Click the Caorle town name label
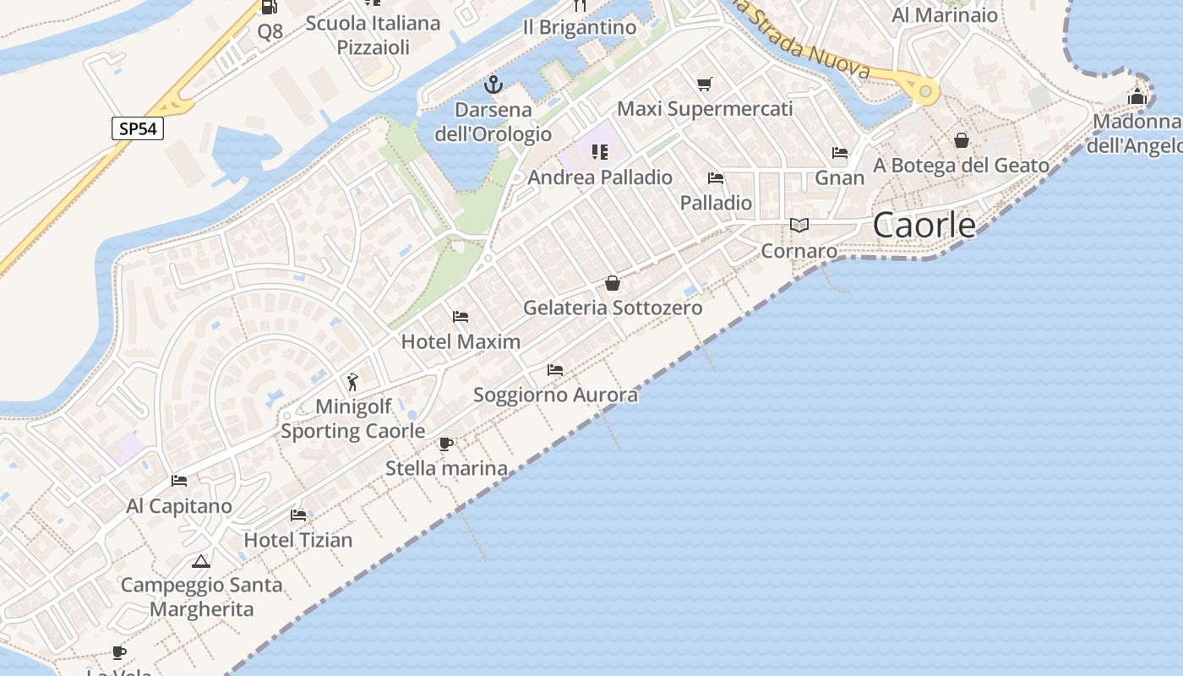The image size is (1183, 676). (924, 226)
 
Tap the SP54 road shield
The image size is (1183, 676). (138, 128)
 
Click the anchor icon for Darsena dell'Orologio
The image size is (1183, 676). (493, 84)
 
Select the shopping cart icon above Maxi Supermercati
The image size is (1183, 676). (705, 84)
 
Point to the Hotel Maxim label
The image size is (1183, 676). (461, 341)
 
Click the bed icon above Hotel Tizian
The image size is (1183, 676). (298, 515)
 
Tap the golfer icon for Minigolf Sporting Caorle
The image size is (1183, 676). (353, 382)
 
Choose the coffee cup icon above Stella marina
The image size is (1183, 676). (446, 444)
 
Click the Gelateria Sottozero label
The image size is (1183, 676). (613, 308)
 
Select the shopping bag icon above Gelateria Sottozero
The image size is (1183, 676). (613, 283)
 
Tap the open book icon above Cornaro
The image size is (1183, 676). (799, 226)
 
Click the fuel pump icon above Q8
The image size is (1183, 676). (270, 8)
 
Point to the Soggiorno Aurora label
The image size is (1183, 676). (555, 395)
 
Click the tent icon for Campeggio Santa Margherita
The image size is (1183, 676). (200, 561)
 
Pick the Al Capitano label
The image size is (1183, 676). (178, 506)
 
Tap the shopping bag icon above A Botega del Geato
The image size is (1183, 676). (962, 140)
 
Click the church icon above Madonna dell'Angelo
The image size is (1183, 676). (1137, 97)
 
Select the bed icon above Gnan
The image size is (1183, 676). (840, 153)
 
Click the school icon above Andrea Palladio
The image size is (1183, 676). (600, 152)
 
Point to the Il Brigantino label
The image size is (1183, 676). (579, 28)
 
